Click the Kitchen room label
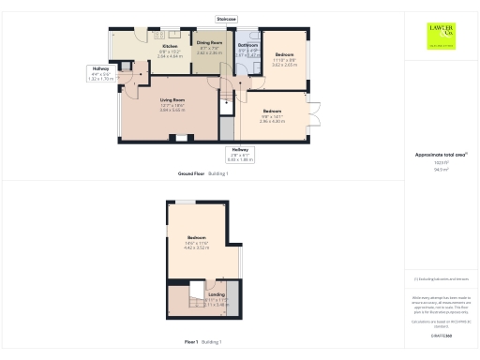point(170,46)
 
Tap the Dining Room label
point(209,43)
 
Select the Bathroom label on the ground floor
point(247,45)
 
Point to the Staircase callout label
point(226,18)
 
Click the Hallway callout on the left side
point(100,68)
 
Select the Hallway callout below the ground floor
point(241,150)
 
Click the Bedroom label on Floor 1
point(197,238)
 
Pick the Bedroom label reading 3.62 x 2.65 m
point(284,55)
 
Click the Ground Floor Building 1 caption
point(203,174)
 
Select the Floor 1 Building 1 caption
point(203,343)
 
